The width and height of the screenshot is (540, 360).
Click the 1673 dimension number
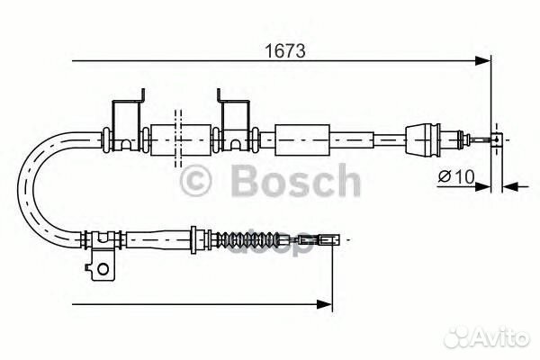[x=279, y=51]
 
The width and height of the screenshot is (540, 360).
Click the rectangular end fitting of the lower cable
[x=334, y=240]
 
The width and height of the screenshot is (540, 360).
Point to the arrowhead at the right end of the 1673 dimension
[x=484, y=61]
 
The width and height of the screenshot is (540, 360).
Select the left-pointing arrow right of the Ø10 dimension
[x=509, y=186]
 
